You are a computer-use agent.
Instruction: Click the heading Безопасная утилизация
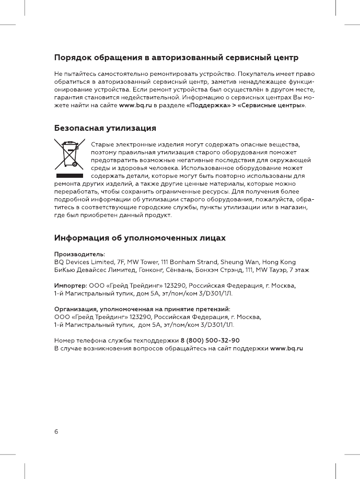pyautogui.click(x=106, y=128)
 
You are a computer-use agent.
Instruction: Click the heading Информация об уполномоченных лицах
pyautogui.click(x=141, y=238)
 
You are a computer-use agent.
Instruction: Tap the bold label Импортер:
pyautogui.click(x=71, y=286)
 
